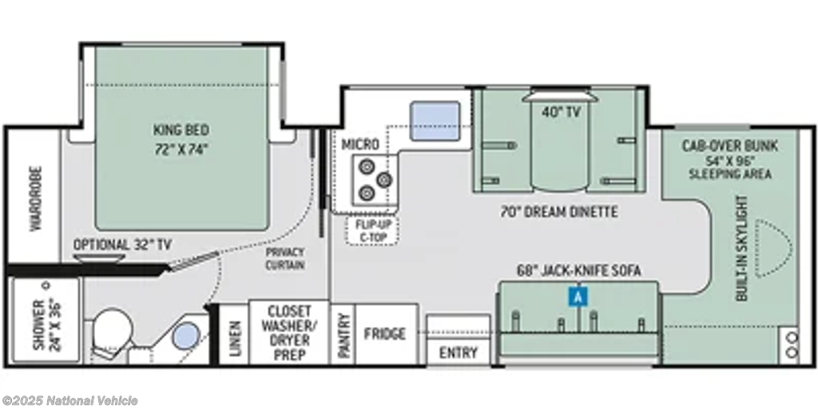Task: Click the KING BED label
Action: click(181, 129)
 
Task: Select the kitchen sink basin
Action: click(435, 121)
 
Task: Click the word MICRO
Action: click(360, 145)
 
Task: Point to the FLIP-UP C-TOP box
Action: click(372, 230)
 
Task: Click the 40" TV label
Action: click(561, 112)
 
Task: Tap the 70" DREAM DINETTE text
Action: click(558, 212)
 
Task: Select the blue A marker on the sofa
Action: click(578, 296)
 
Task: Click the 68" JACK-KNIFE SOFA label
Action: click(578, 271)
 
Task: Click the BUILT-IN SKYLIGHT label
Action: click(742, 248)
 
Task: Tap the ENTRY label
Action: click(458, 352)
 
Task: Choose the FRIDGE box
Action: click(386, 334)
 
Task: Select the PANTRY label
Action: click(343, 335)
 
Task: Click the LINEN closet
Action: click(234, 334)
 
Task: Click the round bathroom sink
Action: click(187, 335)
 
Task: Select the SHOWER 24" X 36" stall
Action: click(46, 320)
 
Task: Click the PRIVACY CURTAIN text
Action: click(285, 259)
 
